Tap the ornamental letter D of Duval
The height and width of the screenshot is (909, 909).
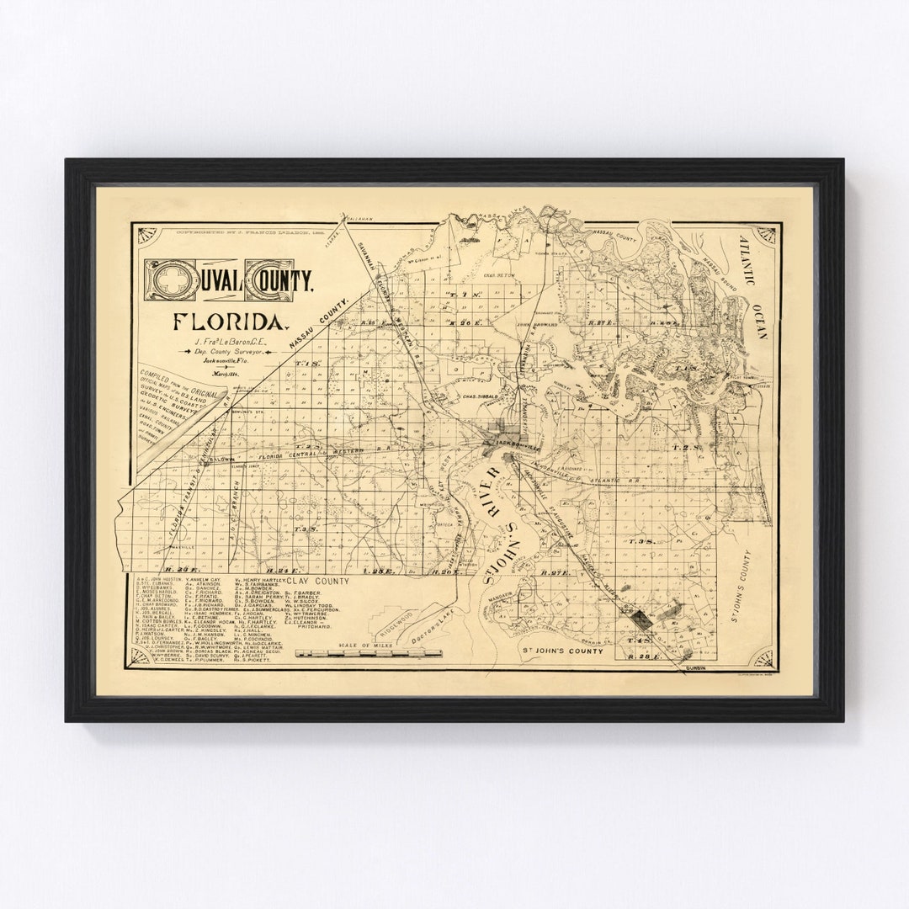164,278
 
